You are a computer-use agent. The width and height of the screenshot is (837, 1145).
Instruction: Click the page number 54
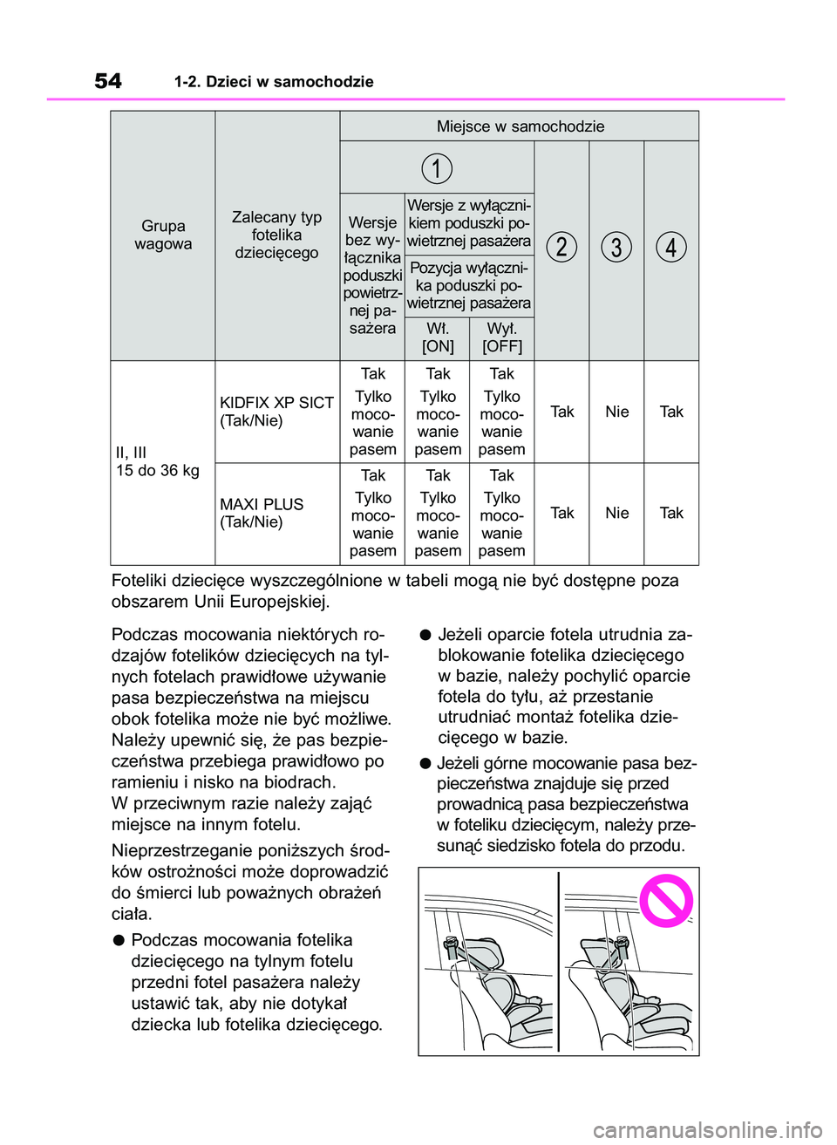pos(108,81)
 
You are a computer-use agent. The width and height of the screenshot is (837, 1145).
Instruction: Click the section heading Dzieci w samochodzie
pos(274,82)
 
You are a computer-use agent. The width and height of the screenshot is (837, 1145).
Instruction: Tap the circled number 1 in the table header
pos(437,167)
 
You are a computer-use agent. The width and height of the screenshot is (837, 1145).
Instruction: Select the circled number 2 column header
pos(561,247)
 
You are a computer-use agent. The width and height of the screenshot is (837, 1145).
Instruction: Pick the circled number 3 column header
pos(616,247)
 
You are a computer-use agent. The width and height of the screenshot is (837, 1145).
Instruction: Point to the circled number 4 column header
pos(671,247)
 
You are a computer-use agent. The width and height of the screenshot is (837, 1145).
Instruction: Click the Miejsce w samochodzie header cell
pos(520,126)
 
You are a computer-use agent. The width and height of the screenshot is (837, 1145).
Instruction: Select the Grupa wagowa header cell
pos(163,235)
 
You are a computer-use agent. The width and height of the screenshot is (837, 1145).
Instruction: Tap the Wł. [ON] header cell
pos(438,337)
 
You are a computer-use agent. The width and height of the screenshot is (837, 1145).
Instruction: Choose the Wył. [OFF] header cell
pos(502,337)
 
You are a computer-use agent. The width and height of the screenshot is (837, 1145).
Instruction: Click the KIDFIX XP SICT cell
pos(276,412)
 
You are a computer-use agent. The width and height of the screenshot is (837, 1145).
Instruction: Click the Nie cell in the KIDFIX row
pos(616,412)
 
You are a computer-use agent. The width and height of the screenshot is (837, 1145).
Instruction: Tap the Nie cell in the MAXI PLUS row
pos(616,513)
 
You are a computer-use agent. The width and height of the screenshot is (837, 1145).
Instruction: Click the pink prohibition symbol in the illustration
pos(666,900)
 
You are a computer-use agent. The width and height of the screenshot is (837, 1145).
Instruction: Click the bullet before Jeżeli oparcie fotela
pos(425,634)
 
